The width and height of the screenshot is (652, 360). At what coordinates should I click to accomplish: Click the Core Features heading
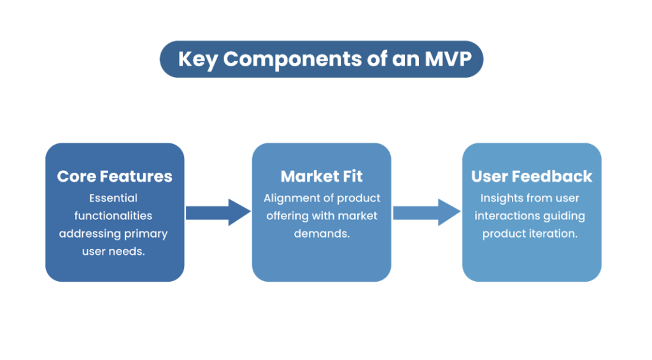click(115, 176)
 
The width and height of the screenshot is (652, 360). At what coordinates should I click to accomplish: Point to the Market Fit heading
click(322, 176)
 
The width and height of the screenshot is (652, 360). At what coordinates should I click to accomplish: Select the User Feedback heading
click(532, 176)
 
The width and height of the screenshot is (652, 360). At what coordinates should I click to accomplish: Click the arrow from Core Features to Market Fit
click(218, 212)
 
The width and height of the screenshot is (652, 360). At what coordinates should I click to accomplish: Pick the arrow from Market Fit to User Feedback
click(426, 212)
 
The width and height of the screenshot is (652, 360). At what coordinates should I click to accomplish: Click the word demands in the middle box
click(322, 234)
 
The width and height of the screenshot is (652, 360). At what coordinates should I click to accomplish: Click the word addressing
click(86, 234)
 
